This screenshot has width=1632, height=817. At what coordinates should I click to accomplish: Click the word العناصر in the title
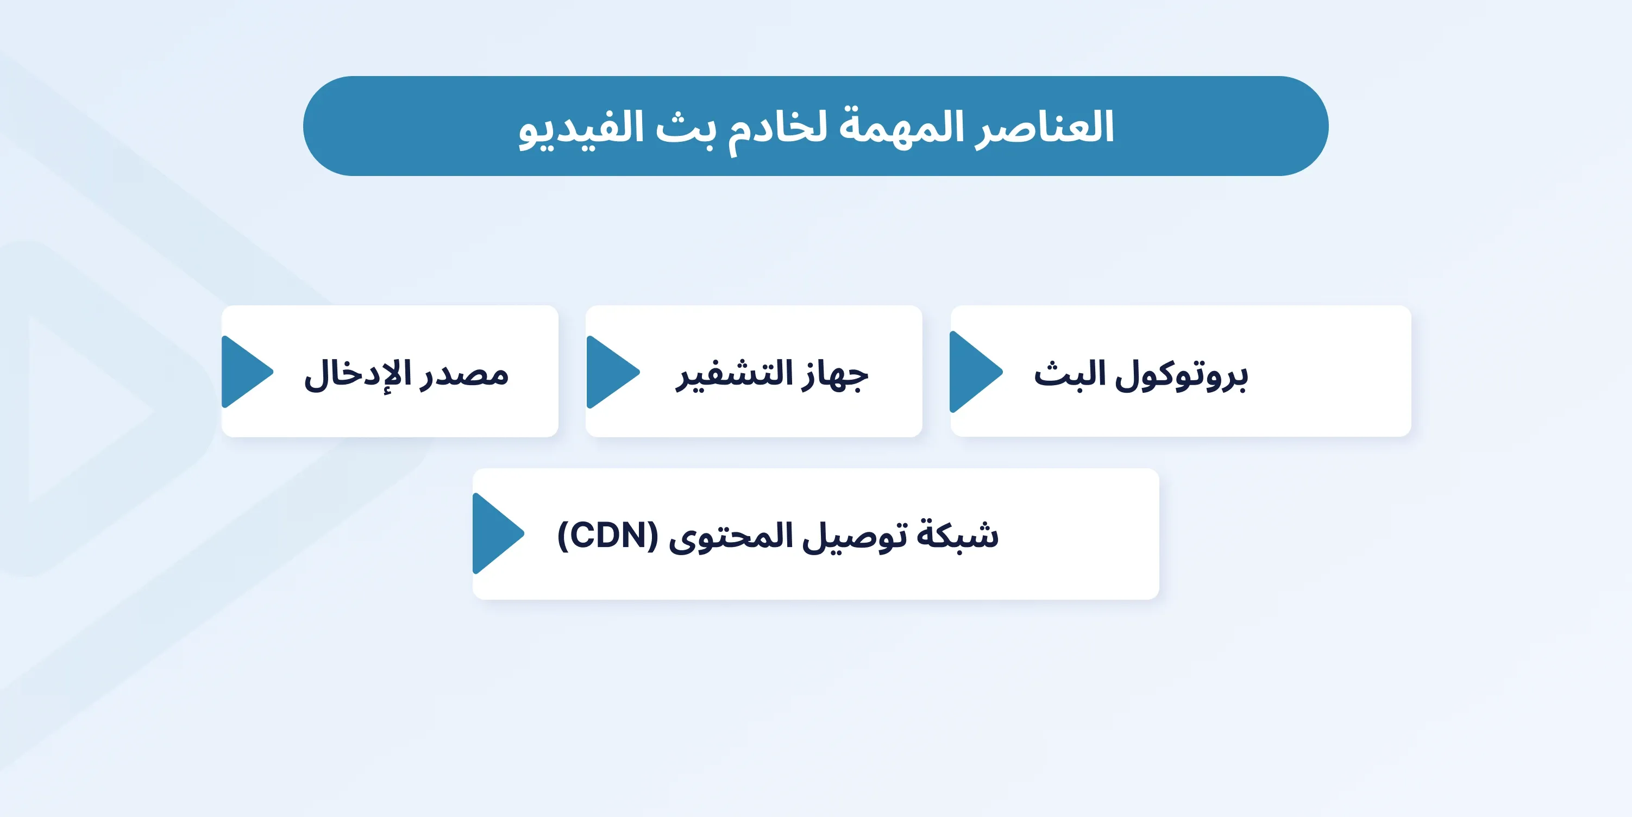(1044, 127)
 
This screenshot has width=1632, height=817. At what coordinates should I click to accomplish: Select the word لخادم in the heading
(778, 130)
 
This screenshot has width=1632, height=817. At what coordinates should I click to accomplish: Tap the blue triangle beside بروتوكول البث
(976, 372)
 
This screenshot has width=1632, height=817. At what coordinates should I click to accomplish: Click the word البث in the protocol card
(1070, 374)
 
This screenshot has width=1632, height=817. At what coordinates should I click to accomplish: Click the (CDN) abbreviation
(607, 536)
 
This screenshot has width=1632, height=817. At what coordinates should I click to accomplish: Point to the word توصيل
(855, 537)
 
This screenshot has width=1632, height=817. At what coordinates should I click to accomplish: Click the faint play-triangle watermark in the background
(89, 409)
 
